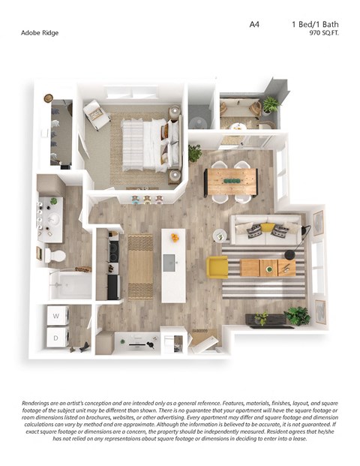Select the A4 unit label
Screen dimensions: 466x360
point(254,25)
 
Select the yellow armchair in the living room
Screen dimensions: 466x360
point(217,266)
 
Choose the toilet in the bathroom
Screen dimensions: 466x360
point(55,256)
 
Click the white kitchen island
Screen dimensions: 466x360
point(173,264)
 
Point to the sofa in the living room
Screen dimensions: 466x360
point(268,230)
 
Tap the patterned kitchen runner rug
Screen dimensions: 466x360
point(140,266)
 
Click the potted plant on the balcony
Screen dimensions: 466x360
point(270,105)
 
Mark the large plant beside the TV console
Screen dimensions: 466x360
point(297,315)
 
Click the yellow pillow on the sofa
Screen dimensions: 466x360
point(268,227)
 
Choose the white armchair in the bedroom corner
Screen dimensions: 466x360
point(95,113)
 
